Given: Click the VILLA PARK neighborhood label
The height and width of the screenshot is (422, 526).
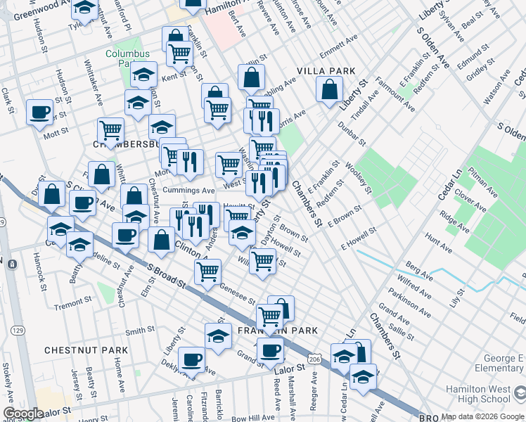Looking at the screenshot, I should point(326,71).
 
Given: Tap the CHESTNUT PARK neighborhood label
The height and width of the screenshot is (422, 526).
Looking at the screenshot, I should point(86,350).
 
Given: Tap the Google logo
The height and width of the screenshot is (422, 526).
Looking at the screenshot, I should point(23,414).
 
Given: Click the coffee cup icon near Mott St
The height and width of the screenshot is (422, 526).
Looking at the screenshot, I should point(39,112).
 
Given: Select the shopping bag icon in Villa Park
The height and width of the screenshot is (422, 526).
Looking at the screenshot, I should point(329,89).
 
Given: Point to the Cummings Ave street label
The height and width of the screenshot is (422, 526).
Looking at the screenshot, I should point(188,190).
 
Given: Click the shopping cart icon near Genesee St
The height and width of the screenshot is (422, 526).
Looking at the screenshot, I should point(208,271).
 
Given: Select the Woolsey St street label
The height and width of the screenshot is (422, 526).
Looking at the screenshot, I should point(358,174).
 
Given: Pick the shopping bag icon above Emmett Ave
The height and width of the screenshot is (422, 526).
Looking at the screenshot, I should point(251,77).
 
